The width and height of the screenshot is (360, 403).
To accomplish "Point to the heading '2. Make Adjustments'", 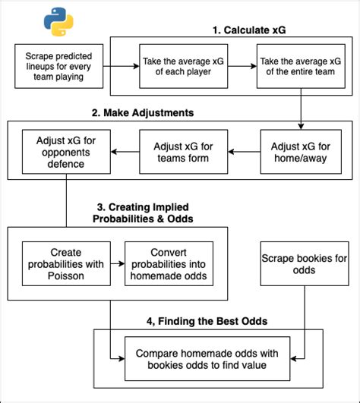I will [x=142, y=112].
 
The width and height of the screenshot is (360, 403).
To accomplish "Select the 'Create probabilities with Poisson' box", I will [x=65, y=263].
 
